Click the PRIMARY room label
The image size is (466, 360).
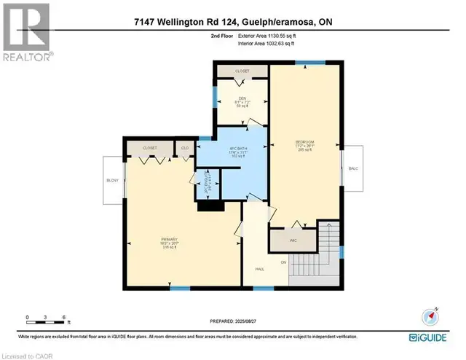coord(170,238)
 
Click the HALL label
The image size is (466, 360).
coord(258,269)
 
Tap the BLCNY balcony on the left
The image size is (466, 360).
coord(112,180)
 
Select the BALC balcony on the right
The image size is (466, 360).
coord(353,168)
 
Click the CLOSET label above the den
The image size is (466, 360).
coord(241,71)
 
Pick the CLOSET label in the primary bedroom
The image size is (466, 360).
coord(150,147)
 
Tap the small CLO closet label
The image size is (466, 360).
coord(185,147)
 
